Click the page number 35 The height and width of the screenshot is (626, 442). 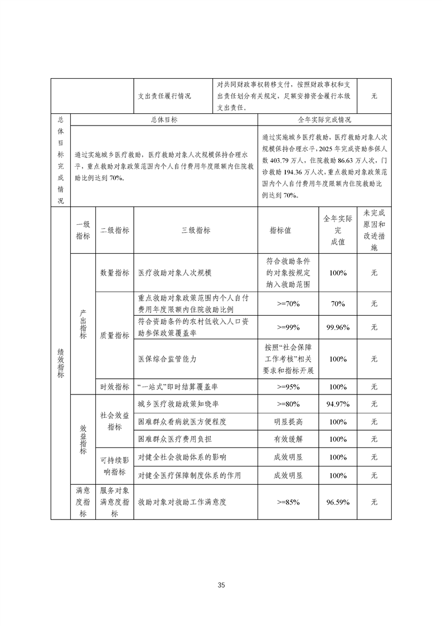(x=221, y=585)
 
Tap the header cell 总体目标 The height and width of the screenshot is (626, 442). (x=164, y=119)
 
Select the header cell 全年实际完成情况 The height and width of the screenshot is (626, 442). (x=324, y=119)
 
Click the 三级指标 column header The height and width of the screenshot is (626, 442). (x=196, y=230)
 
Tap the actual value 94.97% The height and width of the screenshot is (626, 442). (x=338, y=404)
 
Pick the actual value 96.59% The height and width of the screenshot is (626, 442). (x=338, y=502)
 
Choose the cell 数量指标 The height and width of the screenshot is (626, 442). (x=115, y=273)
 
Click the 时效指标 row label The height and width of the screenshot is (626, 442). (x=115, y=387)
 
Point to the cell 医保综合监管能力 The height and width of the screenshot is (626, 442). (x=167, y=359)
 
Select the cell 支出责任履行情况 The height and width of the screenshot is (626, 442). (x=164, y=96)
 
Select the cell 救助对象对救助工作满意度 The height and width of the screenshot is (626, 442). (x=182, y=502)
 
